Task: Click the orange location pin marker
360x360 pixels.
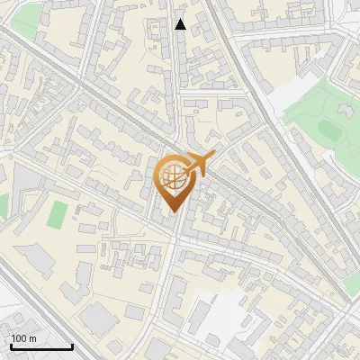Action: click(175, 180)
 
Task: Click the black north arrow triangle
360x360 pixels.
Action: click(181, 24)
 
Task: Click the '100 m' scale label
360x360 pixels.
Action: click(24, 338)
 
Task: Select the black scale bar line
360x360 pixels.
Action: click(41, 347)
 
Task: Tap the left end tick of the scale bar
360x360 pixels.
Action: click(11, 345)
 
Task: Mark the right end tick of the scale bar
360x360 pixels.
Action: click(72, 345)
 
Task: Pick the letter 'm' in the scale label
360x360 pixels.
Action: click(32, 338)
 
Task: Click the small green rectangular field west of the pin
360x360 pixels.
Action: click(58, 214)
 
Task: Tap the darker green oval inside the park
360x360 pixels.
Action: click(328, 131)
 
